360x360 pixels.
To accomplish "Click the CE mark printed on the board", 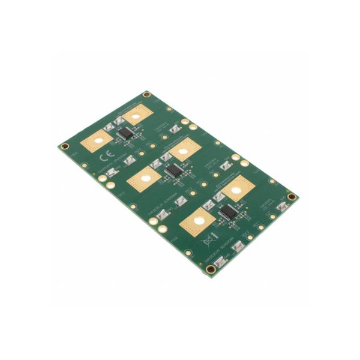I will pyautogui.click(x=102, y=158).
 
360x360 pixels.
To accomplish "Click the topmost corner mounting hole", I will pyautogui.click(x=146, y=94).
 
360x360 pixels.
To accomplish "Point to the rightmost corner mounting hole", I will pyautogui.click(x=292, y=197).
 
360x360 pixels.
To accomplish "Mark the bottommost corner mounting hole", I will pyautogui.click(x=211, y=269).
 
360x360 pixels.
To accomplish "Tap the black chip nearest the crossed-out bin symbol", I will pyautogui.click(x=227, y=211).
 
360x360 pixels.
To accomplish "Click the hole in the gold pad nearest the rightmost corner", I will pyautogui.click(x=236, y=190).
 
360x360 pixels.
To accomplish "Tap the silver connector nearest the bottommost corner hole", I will pyautogui.click(x=220, y=261).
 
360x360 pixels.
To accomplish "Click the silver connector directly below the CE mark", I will pyautogui.click(x=112, y=173).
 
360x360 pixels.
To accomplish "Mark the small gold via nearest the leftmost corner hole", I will pyautogui.click(x=85, y=165).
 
